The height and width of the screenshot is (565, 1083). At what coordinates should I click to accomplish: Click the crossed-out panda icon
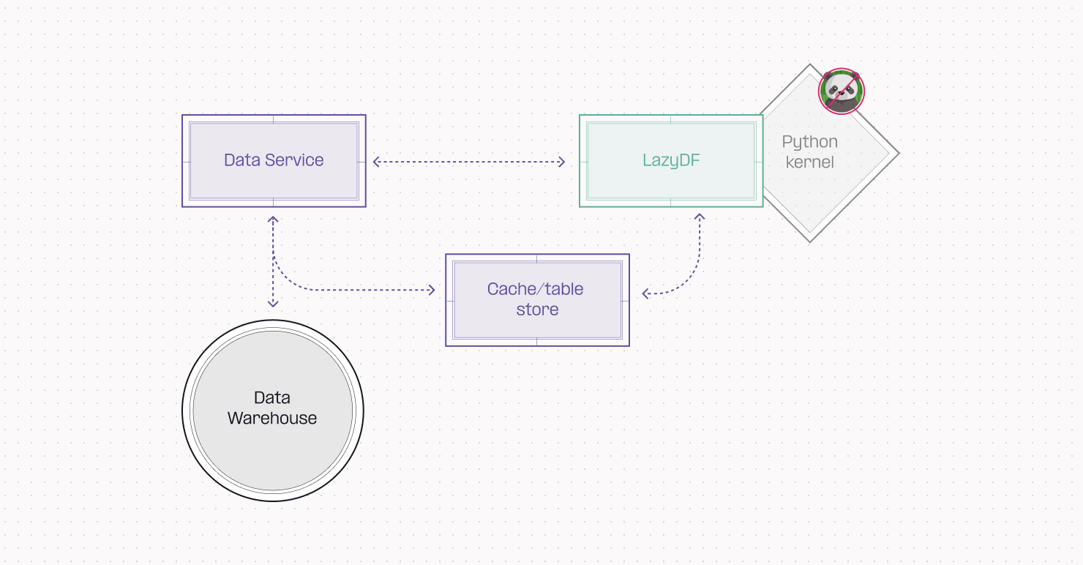(x=842, y=91)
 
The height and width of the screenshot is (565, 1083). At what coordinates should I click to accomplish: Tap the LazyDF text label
(x=671, y=160)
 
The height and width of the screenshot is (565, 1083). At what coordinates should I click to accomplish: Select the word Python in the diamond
(x=809, y=142)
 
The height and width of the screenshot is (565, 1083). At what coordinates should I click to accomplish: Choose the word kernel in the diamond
(x=809, y=162)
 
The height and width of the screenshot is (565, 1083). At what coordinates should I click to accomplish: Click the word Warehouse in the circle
(x=272, y=419)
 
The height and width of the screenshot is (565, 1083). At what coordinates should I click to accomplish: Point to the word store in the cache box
(x=537, y=310)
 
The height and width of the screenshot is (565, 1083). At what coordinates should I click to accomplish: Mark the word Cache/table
(x=535, y=289)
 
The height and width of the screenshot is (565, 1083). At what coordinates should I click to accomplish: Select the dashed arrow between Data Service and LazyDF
(x=468, y=162)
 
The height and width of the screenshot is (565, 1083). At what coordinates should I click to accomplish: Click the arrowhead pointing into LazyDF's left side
(x=562, y=162)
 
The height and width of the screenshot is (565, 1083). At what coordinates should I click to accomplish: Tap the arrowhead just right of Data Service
(x=376, y=162)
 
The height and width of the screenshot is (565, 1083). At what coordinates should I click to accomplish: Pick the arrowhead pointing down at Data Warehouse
(x=273, y=302)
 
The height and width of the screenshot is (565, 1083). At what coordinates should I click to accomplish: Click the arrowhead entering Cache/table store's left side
(x=432, y=291)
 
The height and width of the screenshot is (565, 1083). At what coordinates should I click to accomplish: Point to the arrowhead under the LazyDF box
(x=700, y=218)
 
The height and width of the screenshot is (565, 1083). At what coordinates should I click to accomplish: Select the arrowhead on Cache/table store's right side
(x=646, y=294)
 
